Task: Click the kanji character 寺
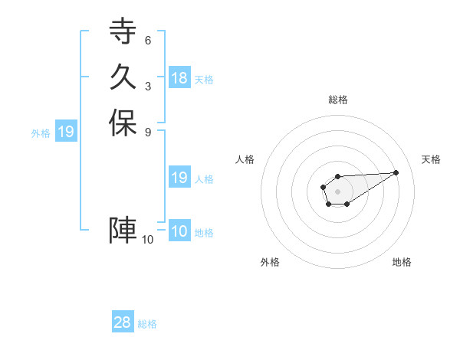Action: click(x=123, y=31)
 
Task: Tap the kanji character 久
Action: click(x=123, y=77)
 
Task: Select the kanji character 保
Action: click(x=123, y=123)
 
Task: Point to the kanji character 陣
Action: click(x=123, y=230)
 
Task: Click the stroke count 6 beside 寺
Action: click(x=147, y=41)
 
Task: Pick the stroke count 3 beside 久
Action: click(x=147, y=87)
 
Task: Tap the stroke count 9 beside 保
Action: click(x=147, y=132)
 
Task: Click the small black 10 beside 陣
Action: click(x=148, y=240)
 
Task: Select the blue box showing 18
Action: click(x=179, y=77)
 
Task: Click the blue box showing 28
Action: click(x=123, y=322)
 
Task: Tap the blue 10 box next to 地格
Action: click(x=179, y=231)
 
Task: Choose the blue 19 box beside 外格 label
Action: click(x=66, y=132)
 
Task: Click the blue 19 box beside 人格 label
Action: click(x=179, y=178)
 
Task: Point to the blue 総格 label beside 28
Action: click(x=147, y=324)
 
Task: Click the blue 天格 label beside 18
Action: click(x=204, y=79)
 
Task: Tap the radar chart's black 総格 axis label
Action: click(x=338, y=100)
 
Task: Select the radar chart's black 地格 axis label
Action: click(x=402, y=262)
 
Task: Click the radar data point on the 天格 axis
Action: click(x=396, y=172)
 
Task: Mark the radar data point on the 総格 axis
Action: click(x=337, y=176)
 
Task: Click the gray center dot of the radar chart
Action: click(x=337, y=190)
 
